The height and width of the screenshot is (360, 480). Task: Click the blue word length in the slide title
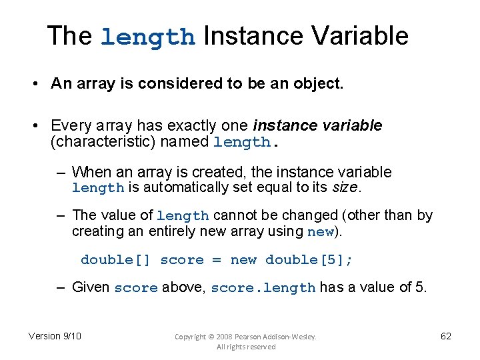tap(147, 37)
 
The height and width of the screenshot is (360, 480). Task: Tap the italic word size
tap(345, 187)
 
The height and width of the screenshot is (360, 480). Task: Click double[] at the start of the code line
tap(116, 259)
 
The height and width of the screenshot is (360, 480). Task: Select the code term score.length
tap(263, 288)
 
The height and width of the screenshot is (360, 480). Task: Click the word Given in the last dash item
tap(91, 287)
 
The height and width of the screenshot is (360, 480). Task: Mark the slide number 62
tap(446, 336)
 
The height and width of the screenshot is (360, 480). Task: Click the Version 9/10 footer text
tap(55, 336)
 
